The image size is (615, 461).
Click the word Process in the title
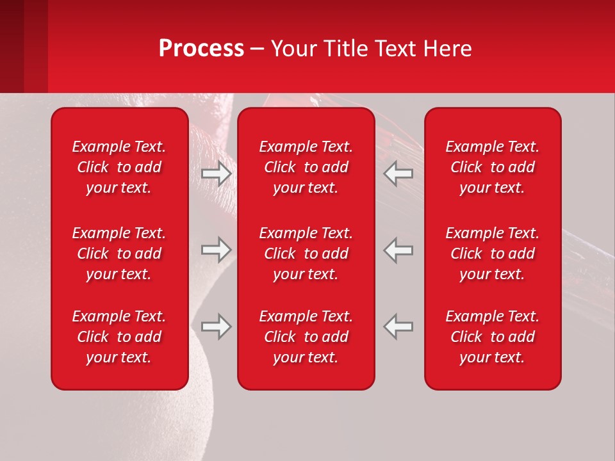click(x=201, y=49)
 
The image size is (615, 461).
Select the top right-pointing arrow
click(x=216, y=174)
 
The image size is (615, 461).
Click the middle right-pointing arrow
click(x=216, y=250)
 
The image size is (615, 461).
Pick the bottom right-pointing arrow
click(x=216, y=327)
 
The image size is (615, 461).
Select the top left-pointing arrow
click(x=398, y=174)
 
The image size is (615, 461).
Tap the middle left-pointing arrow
click(x=398, y=250)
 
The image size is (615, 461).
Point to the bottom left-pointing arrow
click(x=398, y=327)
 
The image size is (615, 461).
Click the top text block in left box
click(x=119, y=167)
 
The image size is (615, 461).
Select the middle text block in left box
click(x=119, y=254)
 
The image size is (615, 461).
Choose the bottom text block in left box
click(x=119, y=337)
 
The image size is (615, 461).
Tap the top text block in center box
click(x=306, y=167)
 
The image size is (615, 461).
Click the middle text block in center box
click(x=306, y=254)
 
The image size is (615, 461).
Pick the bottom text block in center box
click(x=306, y=337)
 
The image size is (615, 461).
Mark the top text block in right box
click(x=492, y=167)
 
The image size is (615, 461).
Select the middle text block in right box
click(x=492, y=254)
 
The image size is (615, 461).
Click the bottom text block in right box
click(x=492, y=337)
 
